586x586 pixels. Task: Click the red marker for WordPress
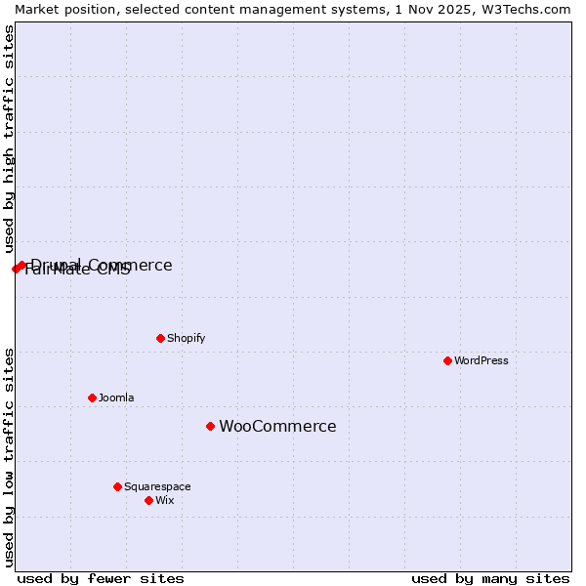coord(447,360)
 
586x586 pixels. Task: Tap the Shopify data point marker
coord(160,338)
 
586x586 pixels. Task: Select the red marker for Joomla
coord(92,398)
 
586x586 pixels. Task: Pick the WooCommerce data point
coord(210,426)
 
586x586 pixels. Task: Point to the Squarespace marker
coord(117,486)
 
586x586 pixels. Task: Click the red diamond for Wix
coord(148,500)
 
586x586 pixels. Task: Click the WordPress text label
coord(481,360)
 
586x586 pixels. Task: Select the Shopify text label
coord(186,338)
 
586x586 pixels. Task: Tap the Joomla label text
coord(116,398)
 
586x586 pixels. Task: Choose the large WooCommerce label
coord(277,426)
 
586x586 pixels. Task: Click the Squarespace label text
coord(157,486)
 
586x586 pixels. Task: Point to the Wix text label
coord(165,500)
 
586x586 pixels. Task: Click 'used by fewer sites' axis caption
coord(101,579)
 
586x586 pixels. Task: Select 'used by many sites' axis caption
coord(490,579)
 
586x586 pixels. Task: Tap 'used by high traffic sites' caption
coord(9,139)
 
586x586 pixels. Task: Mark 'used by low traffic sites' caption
coord(9,457)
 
